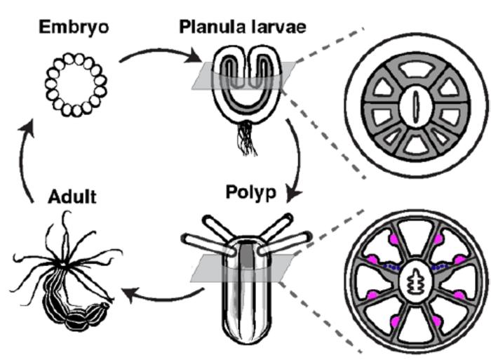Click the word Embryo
point(74,28)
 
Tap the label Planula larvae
point(242,27)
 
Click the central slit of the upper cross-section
point(415,105)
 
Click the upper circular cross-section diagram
point(415,105)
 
